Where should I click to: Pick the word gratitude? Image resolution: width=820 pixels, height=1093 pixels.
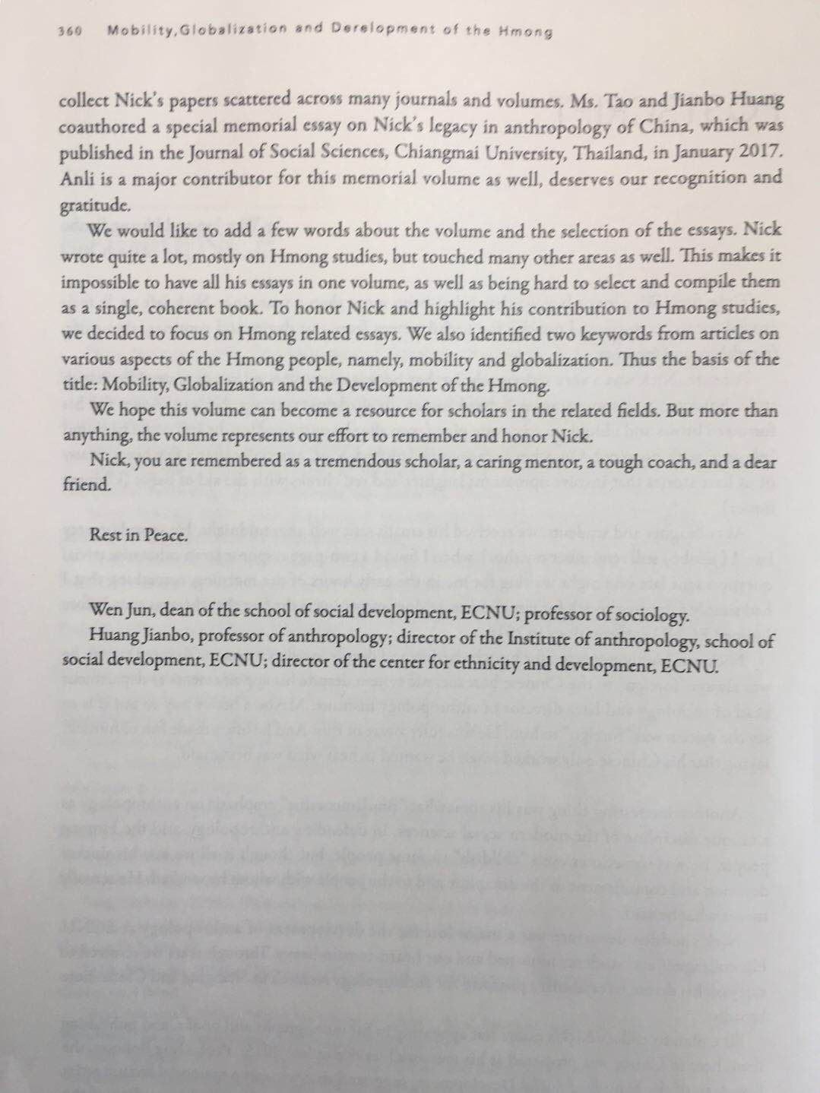click(x=90, y=206)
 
